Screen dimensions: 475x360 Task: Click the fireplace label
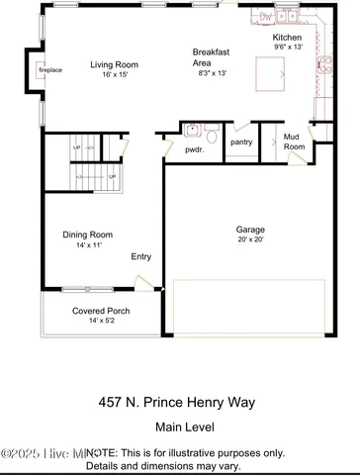tap(49, 72)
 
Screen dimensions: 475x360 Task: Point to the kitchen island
tap(270, 72)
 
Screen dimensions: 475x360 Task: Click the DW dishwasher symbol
tap(265, 16)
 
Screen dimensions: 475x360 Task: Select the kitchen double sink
tap(294, 16)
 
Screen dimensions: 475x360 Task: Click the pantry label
tap(241, 142)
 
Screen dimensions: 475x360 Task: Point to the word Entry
tap(142, 256)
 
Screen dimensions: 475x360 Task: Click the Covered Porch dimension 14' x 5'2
tap(101, 321)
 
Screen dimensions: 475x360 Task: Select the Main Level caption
tap(180, 428)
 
